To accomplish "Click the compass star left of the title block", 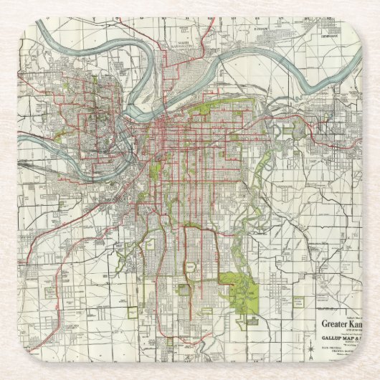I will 310,331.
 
